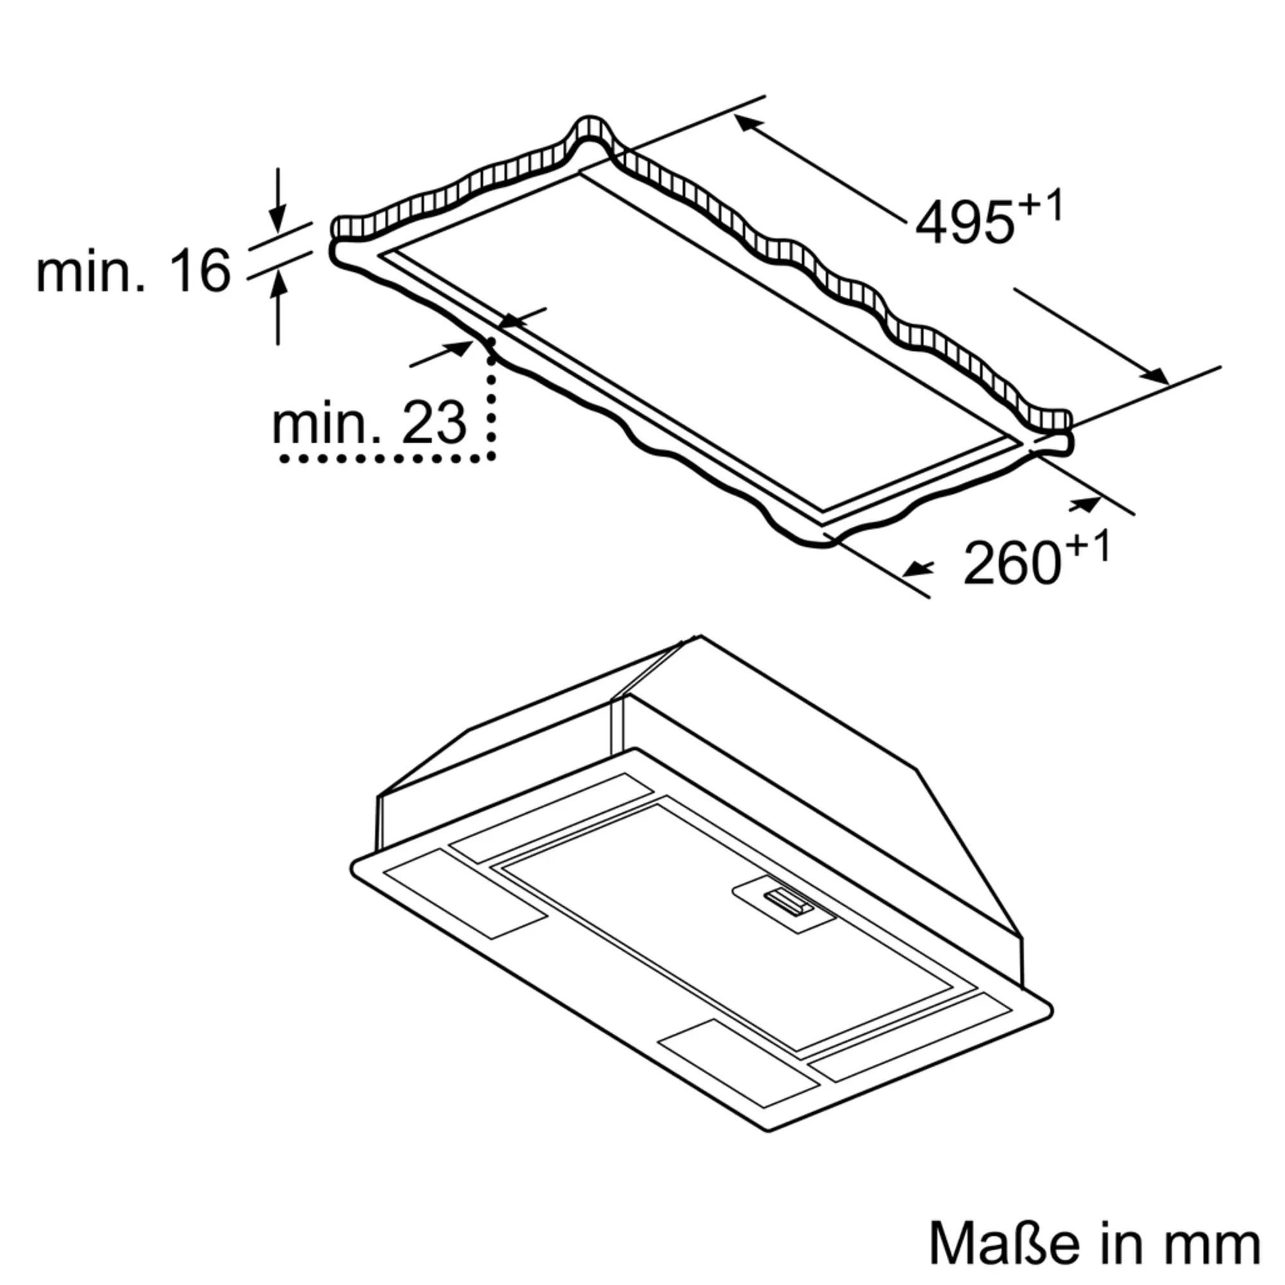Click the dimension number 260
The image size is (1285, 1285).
(x=1012, y=563)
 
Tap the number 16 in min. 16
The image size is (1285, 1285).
(x=200, y=270)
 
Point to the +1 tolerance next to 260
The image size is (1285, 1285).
(x=1088, y=548)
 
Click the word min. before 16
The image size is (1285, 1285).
(x=90, y=270)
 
